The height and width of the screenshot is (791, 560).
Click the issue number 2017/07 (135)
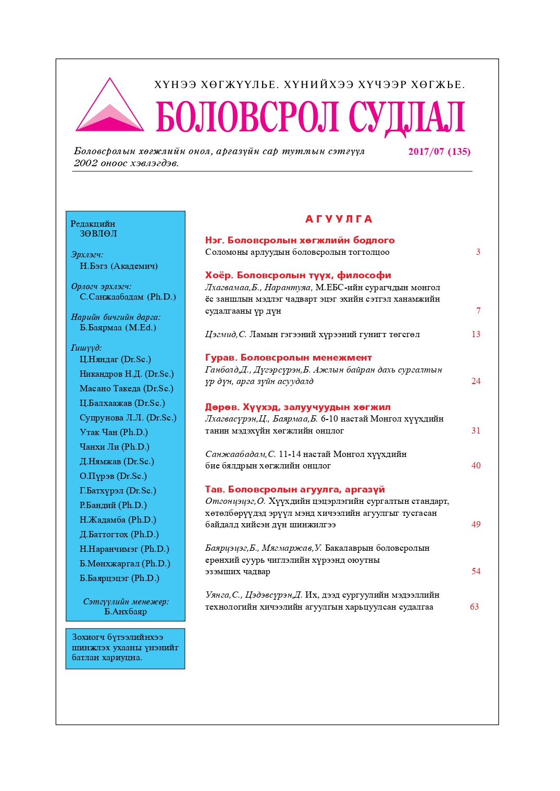pos(439,152)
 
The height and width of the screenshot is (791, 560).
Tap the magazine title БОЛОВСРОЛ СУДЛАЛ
pos(310,117)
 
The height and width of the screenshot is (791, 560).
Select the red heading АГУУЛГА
pos(339,219)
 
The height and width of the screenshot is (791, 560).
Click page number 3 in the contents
pos(478,252)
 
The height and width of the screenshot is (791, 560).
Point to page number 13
pos(476,335)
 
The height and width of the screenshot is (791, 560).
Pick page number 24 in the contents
pos(476,381)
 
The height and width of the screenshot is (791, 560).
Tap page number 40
pos(476,466)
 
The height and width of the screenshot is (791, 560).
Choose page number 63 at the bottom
pos(474,607)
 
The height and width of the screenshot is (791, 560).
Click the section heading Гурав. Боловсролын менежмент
pos(288,357)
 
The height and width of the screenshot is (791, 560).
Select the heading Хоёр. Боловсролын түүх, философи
pos(298,275)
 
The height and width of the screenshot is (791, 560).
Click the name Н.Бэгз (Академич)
pos(118,266)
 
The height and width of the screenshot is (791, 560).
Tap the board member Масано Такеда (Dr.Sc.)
pos(126,389)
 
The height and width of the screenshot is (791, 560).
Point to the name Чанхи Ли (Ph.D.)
pos(114,447)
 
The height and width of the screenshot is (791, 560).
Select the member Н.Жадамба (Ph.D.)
pos(118,520)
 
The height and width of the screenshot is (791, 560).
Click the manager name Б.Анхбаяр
pos(126,612)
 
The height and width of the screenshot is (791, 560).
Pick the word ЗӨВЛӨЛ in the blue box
pos(98,234)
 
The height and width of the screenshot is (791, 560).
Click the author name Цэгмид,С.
pos(226,335)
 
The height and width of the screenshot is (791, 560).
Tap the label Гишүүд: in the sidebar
pos(86,348)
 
